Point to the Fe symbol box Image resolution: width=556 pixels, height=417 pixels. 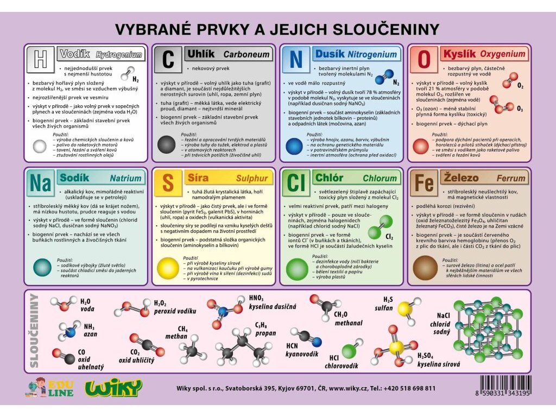pos(424,183)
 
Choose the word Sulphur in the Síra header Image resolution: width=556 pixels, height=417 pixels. pos(252,178)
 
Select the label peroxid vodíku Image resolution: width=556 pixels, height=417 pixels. pos(175,311)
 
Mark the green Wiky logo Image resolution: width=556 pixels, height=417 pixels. pos(113,387)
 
